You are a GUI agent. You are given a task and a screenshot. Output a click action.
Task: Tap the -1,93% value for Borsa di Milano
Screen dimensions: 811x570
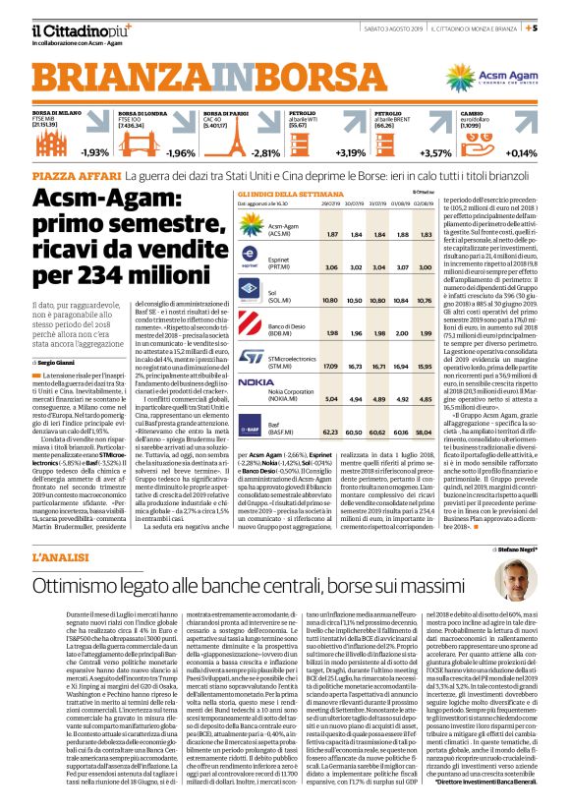(95, 152)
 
